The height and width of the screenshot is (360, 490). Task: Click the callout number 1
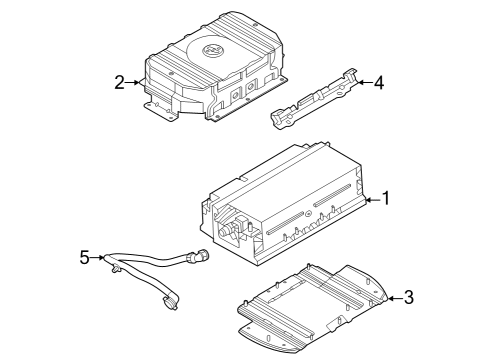(x=387, y=199)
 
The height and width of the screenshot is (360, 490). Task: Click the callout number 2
(x=119, y=82)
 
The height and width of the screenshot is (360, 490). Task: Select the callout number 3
(x=407, y=298)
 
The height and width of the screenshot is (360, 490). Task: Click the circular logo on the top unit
(x=210, y=52)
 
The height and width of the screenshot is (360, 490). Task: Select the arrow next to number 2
(x=137, y=82)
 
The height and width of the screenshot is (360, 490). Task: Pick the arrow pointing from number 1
(x=371, y=200)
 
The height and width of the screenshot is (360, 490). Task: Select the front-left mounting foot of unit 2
(x=163, y=113)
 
